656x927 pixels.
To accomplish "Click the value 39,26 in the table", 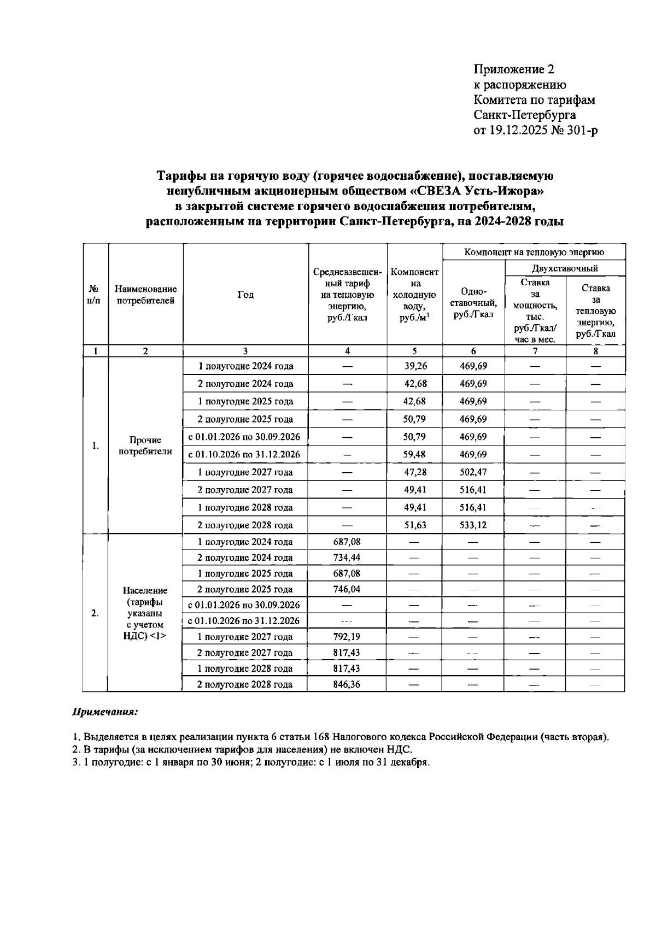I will tap(415, 366).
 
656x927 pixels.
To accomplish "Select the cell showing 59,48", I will tap(415, 454).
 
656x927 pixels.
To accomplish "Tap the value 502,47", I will tap(473, 472).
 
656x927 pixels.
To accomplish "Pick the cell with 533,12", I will tap(473, 525).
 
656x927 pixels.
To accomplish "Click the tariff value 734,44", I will tap(347, 558).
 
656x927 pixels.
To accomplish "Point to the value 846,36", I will tap(347, 684).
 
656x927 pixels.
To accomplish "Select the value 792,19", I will tap(347, 637).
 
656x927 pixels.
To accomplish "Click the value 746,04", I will tap(347, 589).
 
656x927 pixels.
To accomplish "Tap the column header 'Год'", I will tap(245, 295).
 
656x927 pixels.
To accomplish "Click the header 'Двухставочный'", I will tap(565, 268).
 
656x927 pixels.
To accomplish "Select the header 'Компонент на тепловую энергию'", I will tap(534, 252).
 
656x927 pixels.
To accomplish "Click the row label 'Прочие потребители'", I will tap(145, 445).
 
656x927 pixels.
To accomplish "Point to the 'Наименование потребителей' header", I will tap(145, 295).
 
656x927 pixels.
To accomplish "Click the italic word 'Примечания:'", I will tap(105, 713).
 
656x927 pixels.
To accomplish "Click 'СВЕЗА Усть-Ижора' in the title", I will tap(479, 191).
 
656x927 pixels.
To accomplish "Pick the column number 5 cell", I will tap(414, 351).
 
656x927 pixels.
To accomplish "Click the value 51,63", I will tap(415, 525).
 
